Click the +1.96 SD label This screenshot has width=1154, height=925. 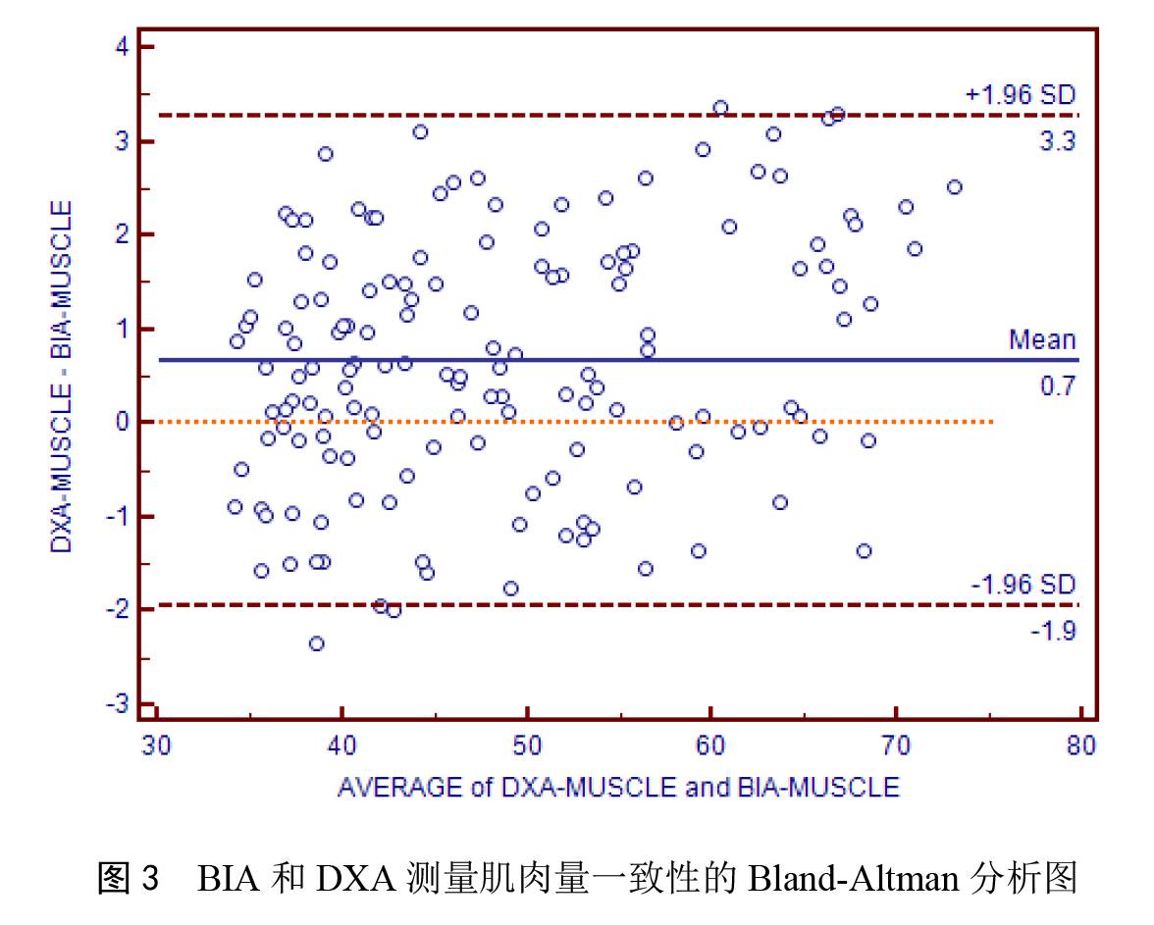1021,95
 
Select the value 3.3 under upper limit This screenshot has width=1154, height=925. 1057,141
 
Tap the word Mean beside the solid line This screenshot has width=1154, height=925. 1042,340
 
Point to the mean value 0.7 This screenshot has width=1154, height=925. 1058,386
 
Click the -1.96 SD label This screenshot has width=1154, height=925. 1023,585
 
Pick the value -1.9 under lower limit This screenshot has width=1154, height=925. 1053,631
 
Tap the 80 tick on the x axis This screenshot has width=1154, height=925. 1080,746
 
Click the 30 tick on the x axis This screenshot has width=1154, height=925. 157,746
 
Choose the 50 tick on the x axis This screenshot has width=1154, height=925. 527,746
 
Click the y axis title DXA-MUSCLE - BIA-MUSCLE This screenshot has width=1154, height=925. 62,377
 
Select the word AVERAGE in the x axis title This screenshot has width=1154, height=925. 400,787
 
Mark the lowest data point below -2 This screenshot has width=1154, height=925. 316,643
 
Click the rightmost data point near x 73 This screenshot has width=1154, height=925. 954,186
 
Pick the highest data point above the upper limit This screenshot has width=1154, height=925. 720,108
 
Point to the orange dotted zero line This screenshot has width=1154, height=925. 589,422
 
